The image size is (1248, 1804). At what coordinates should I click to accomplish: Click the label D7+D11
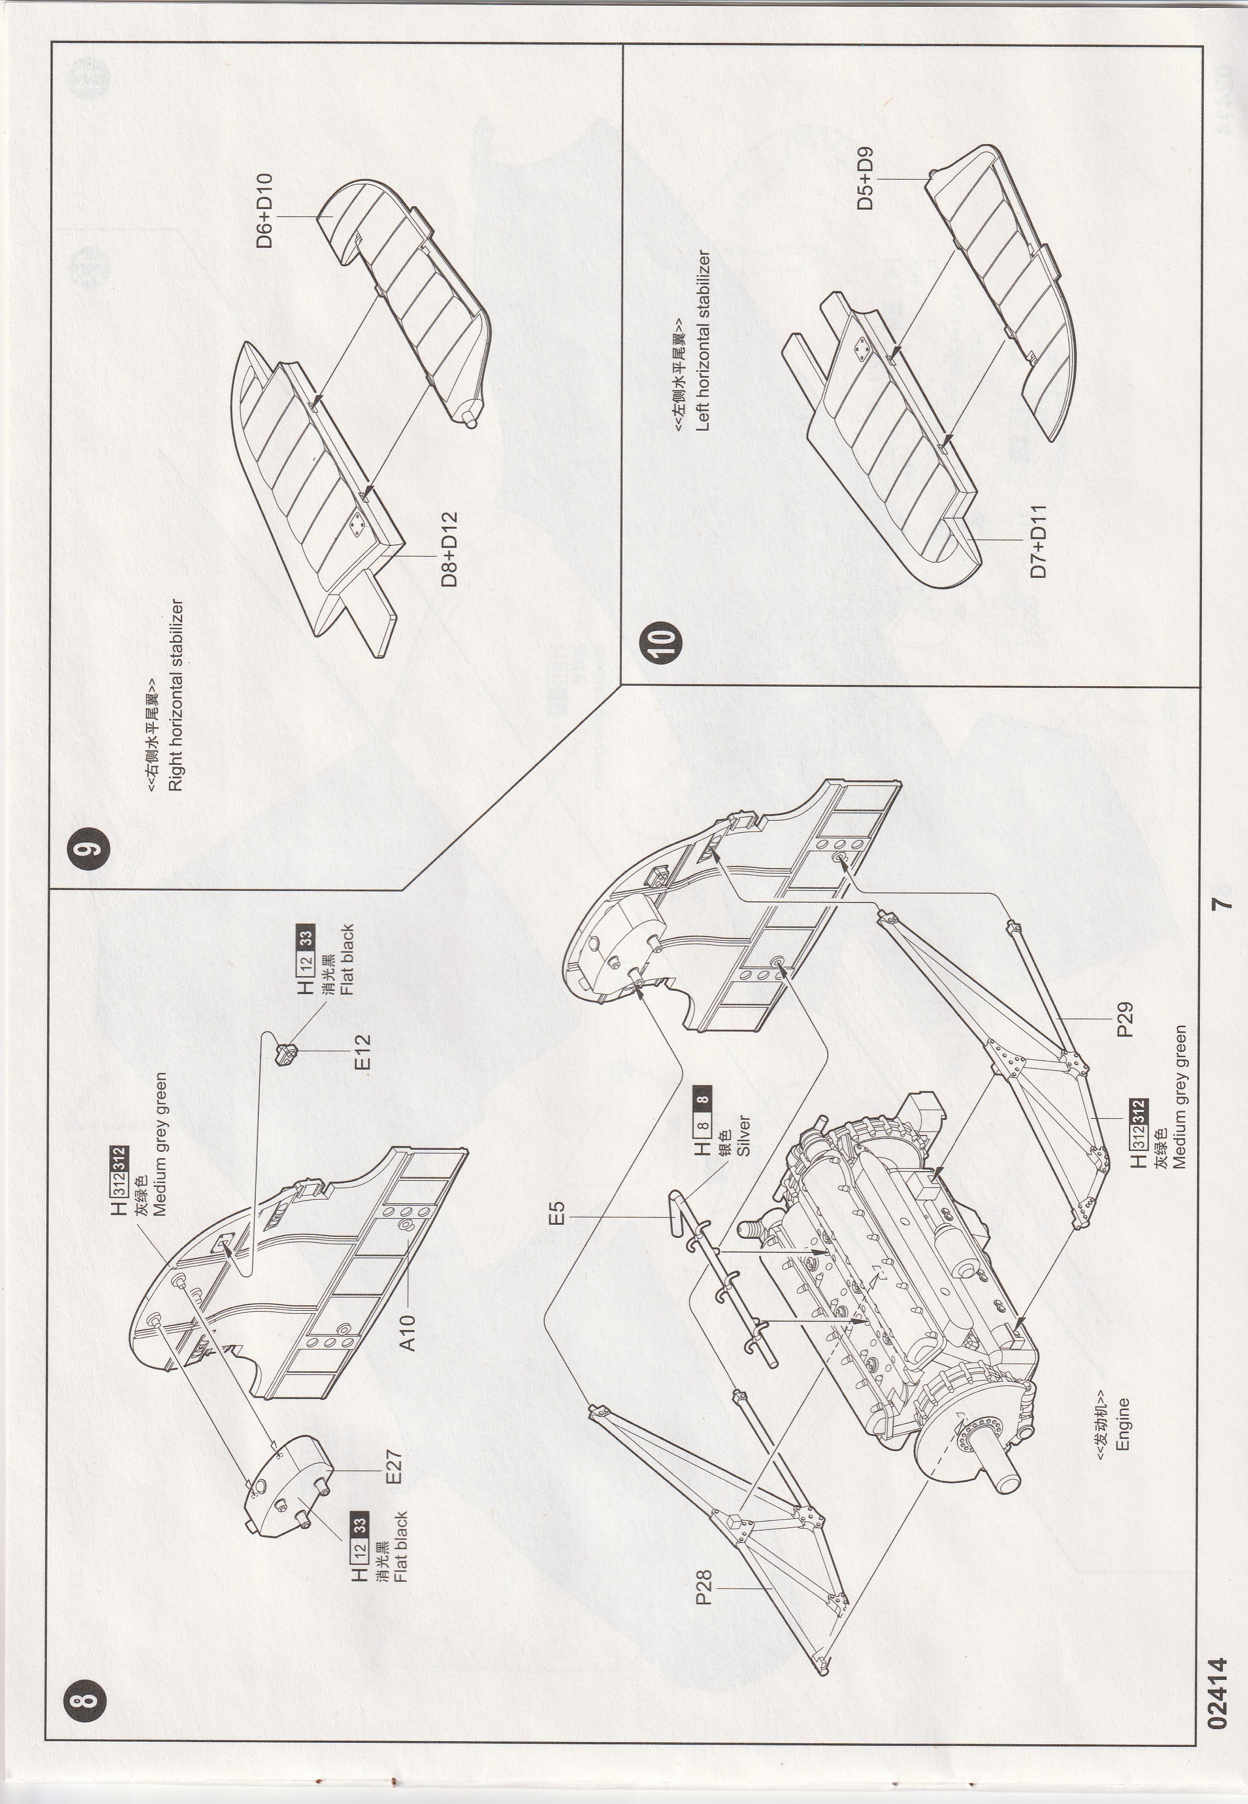pyautogui.click(x=1039, y=541)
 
